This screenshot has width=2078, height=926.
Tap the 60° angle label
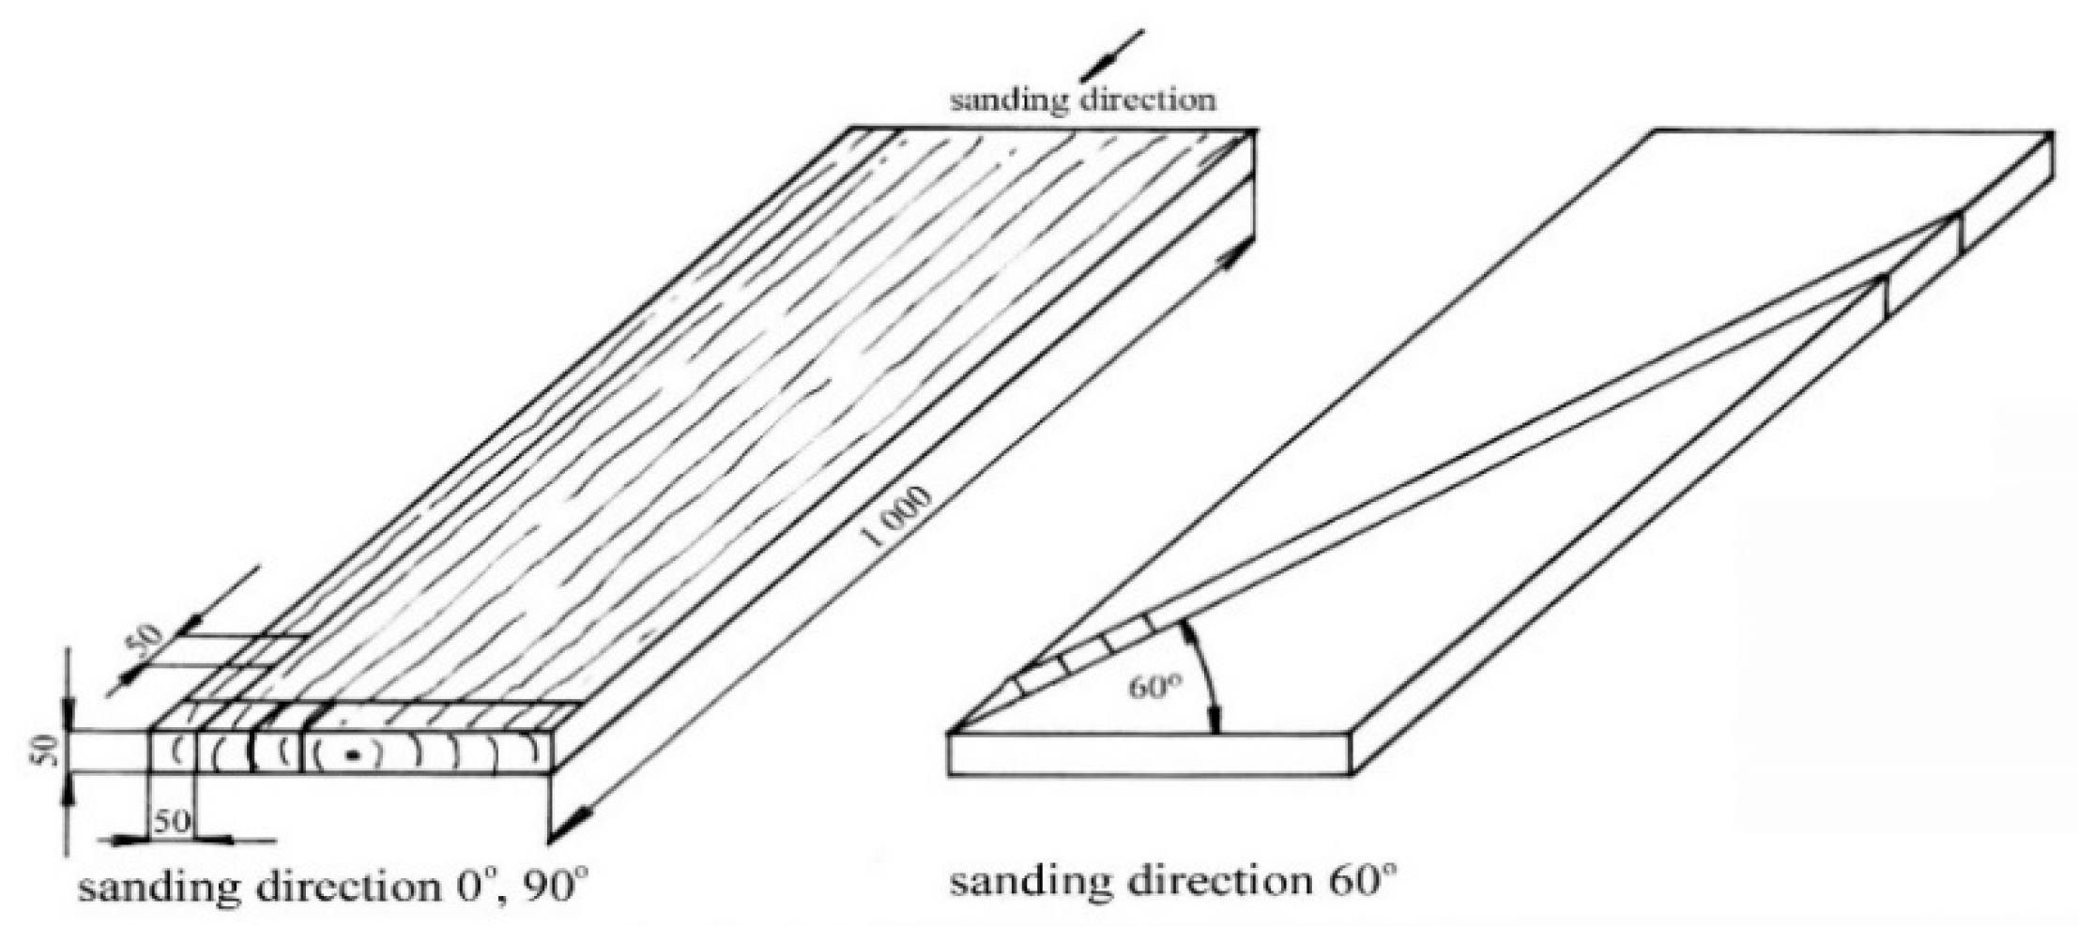click(1153, 688)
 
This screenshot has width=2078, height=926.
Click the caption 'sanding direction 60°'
click(1172, 883)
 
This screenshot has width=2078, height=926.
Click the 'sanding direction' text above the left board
click(1082, 99)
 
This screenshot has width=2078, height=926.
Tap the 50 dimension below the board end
click(173, 820)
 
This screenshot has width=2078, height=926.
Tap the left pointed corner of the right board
click(952, 731)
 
